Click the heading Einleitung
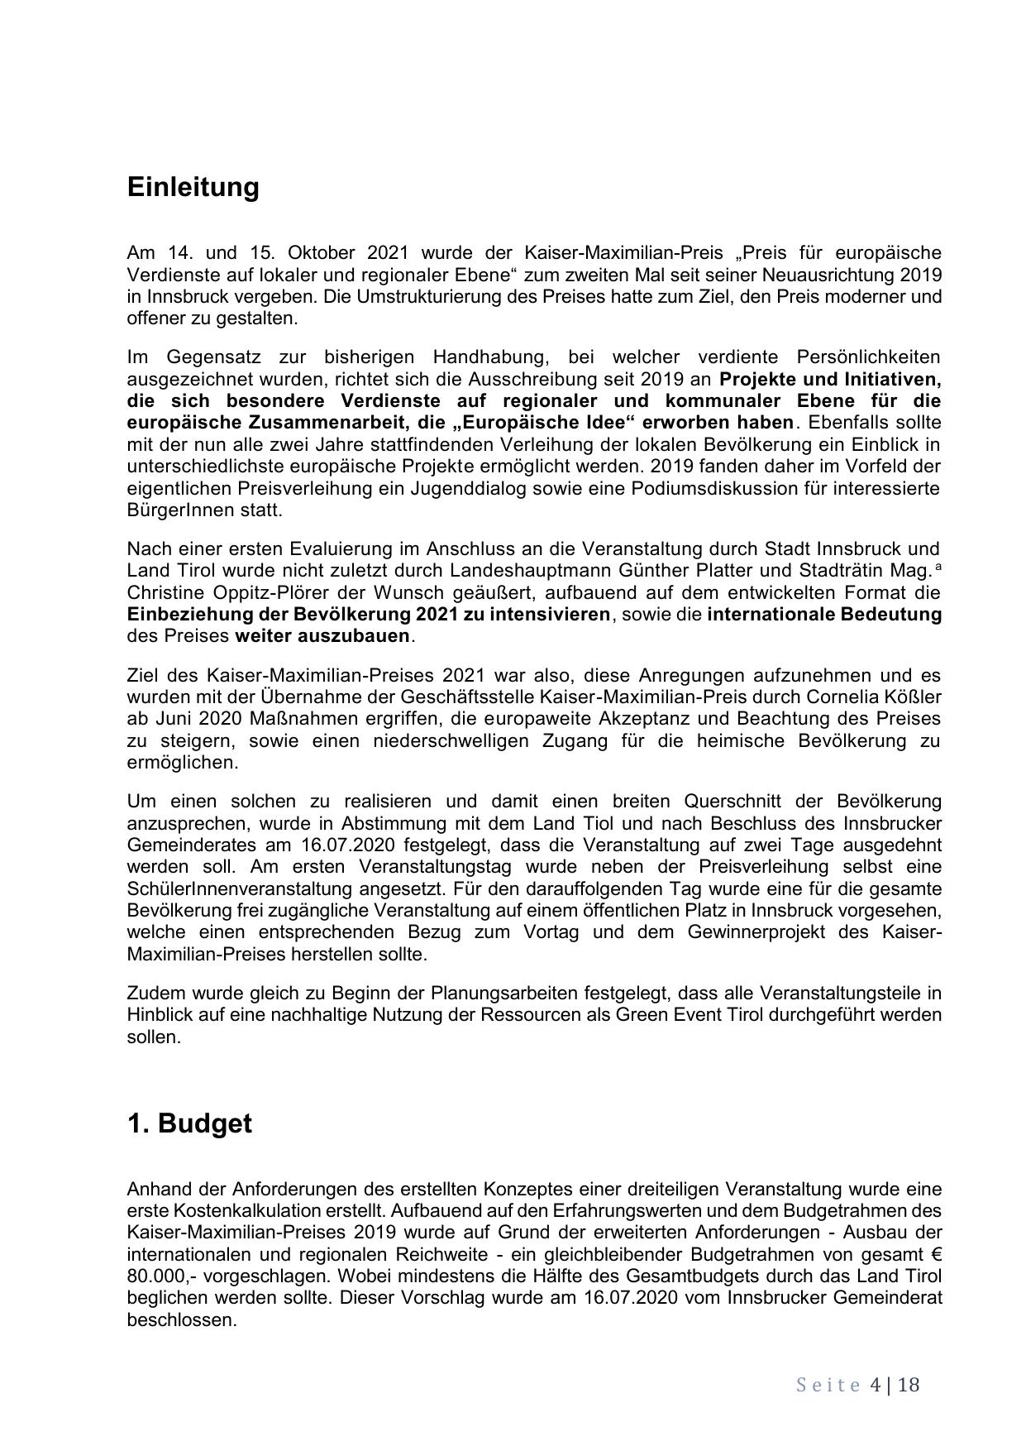[193, 187]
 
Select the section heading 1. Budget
[189, 1123]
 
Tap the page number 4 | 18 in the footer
[895, 1385]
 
